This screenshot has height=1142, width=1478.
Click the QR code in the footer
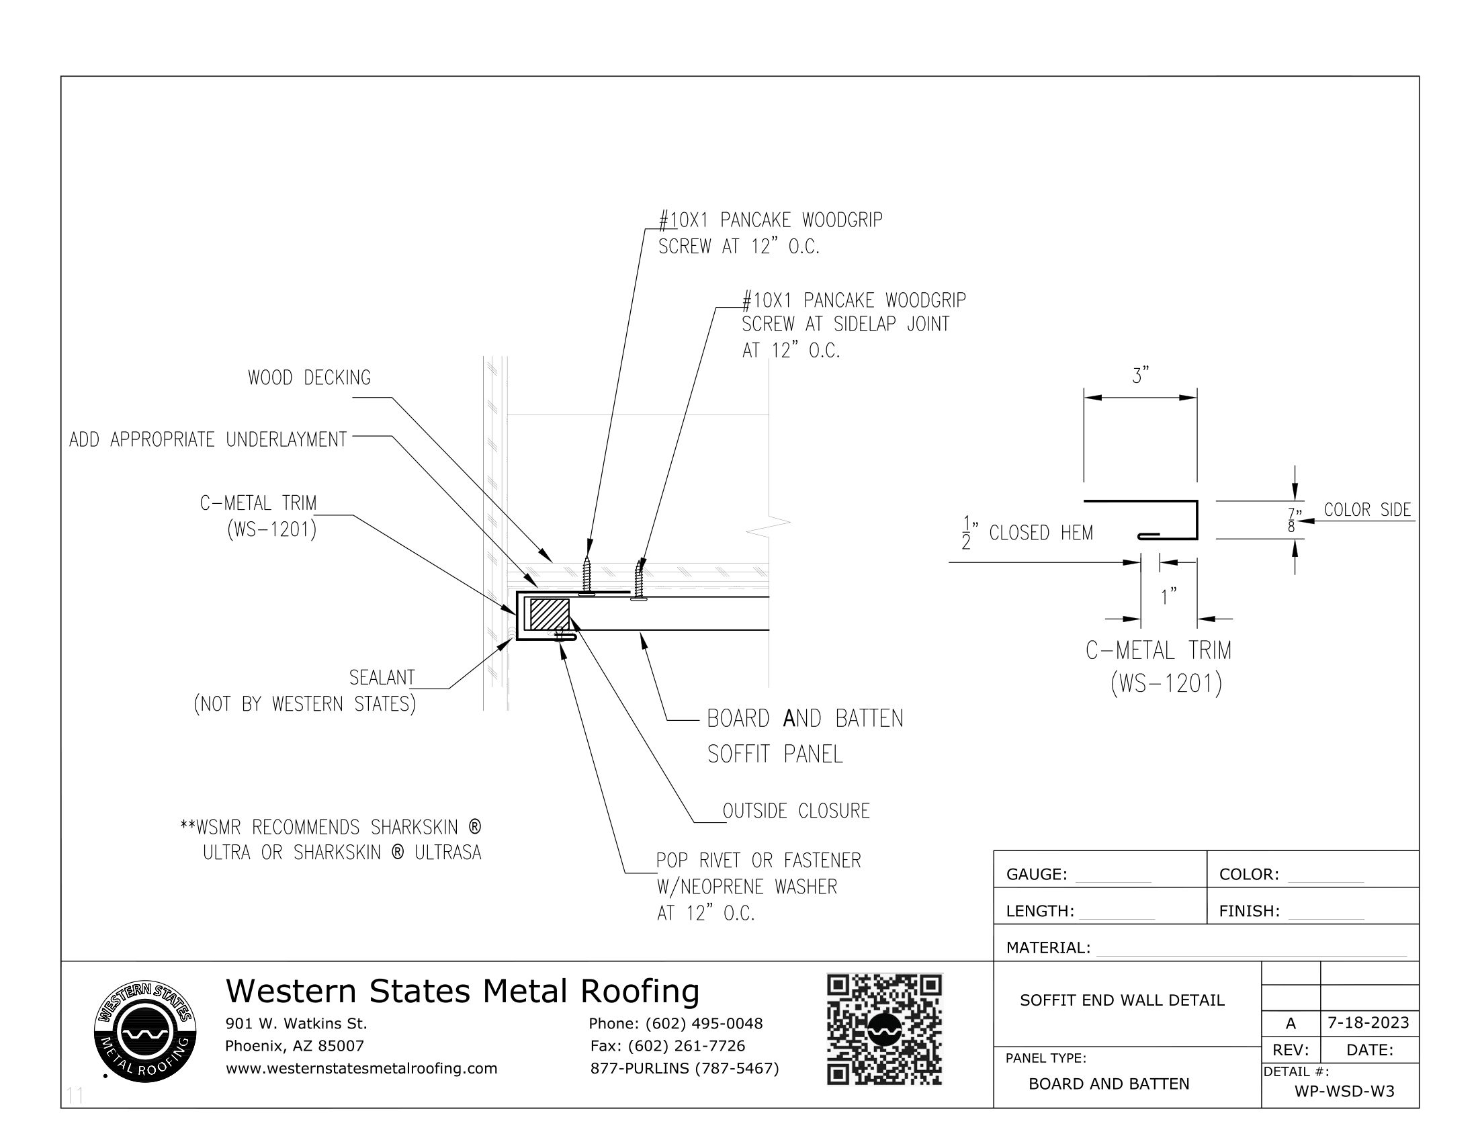click(x=884, y=1030)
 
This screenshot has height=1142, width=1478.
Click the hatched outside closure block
click(x=549, y=614)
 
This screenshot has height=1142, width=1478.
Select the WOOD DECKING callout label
click(x=309, y=378)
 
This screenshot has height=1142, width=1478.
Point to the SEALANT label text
click(x=382, y=677)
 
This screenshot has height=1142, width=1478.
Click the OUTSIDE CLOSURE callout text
click(x=796, y=811)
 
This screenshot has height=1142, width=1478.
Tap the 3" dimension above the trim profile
click(x=1140, y=376)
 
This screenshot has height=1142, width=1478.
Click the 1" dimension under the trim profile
click(x=1169, y=597)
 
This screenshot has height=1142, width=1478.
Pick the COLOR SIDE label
click(x=1367, y=510)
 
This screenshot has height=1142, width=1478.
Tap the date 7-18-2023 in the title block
click(x=1368, y=1022)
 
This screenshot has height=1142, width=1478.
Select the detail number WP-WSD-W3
click(x=1345, y=1091)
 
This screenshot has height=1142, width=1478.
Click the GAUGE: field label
click(x=1036, y=875)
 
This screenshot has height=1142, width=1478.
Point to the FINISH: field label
click(x=1249, y=912)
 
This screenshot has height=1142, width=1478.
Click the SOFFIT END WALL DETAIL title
click(x=1122, y=1000)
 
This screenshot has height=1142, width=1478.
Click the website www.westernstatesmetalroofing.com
click(x=361, y=1068)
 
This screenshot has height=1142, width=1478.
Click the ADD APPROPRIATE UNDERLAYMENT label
click(x=208, y=440)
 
